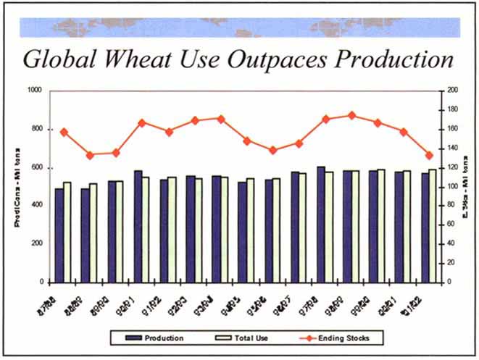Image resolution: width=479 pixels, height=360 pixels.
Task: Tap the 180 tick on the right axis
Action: click(x=453, y=109)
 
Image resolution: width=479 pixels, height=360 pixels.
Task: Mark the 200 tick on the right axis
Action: click(x=453, y=91)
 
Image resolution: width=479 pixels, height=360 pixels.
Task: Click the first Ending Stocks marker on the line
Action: click(x=63, y=133)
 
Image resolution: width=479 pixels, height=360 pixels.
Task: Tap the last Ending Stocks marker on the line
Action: click(x=429, y=155)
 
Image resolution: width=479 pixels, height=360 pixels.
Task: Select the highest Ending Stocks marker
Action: click(x=351, y=115)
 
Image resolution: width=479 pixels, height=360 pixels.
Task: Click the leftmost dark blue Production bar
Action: click(x=59, y=235)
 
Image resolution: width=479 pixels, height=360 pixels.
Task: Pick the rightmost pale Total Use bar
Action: click(x=433, y=225)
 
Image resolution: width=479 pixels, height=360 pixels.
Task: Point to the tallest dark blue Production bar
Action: click(x=320, y=224)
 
